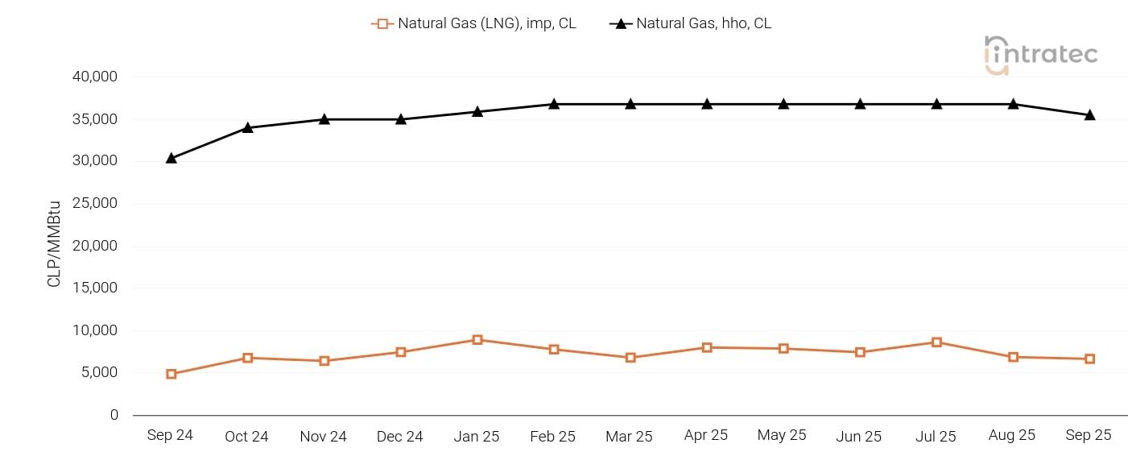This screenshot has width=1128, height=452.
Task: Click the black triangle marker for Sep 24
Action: click(x=171, y=158)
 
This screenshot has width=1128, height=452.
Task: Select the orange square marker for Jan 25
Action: click(x=477, y=340)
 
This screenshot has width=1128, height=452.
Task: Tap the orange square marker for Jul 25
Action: click(x=936, y=342)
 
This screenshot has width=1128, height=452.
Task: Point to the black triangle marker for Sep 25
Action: click(x=1089, y=114)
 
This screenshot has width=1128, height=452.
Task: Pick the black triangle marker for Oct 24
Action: click(x=247, y=127)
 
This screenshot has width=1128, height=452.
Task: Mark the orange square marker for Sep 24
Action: click(x=171, y=374)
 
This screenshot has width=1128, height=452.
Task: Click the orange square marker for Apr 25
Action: click(x=707, y=347)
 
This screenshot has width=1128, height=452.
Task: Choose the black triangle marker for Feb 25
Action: click(x=554, y=104)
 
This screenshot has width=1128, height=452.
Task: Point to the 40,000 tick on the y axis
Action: click(x=95, y=77)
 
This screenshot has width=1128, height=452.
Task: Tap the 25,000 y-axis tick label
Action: click(x=95, y=203)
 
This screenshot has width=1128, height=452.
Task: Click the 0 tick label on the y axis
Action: click(x=114, y=415)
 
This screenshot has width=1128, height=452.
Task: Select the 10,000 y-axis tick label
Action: click(x=95, y=330)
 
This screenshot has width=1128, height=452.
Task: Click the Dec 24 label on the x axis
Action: click(x=400, y=437)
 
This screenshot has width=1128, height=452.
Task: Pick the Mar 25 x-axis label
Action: click(x=630, y=437)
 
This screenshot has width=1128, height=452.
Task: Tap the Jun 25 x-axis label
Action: click(x=859, y=437)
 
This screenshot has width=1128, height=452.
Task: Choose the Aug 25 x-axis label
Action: click(x=1012, y=435)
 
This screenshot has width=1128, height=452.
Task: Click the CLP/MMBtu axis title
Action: click(x=55, y=245)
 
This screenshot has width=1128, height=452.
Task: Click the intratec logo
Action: click(x=1041, y=55)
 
